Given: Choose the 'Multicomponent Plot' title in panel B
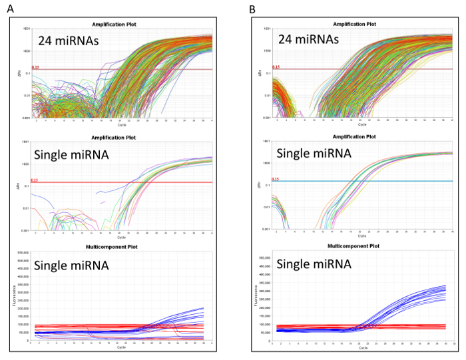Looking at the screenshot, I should (361, 248).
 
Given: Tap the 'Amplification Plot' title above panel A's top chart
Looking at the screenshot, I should (120, 25).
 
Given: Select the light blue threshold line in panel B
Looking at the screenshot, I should (373, 182).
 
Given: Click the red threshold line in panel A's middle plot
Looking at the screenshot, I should (133, 182).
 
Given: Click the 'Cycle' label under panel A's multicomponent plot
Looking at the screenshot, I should (120, 347).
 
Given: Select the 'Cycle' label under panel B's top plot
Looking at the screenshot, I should (361, 123).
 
